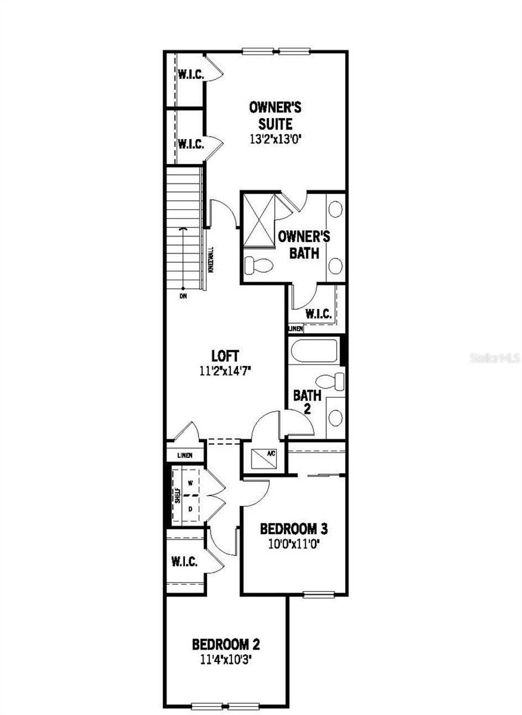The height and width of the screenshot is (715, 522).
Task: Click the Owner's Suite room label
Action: (x=275, y=116)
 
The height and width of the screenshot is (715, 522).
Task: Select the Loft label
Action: (x=225, y=356)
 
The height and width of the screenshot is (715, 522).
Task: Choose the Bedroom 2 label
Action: (x=226, y=645)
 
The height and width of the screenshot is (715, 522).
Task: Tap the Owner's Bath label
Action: (x=304, y=244)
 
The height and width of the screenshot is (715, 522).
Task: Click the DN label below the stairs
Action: (x=183, y=296)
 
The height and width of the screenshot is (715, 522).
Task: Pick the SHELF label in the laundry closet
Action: (x=178, y=496)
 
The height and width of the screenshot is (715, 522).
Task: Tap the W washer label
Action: (x=190, y=482)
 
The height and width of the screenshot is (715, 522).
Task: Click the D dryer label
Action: (x=190, y=509)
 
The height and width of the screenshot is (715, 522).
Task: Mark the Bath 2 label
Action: (x=307, y=401)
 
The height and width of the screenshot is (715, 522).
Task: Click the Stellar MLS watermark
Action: (x=494, y=358)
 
